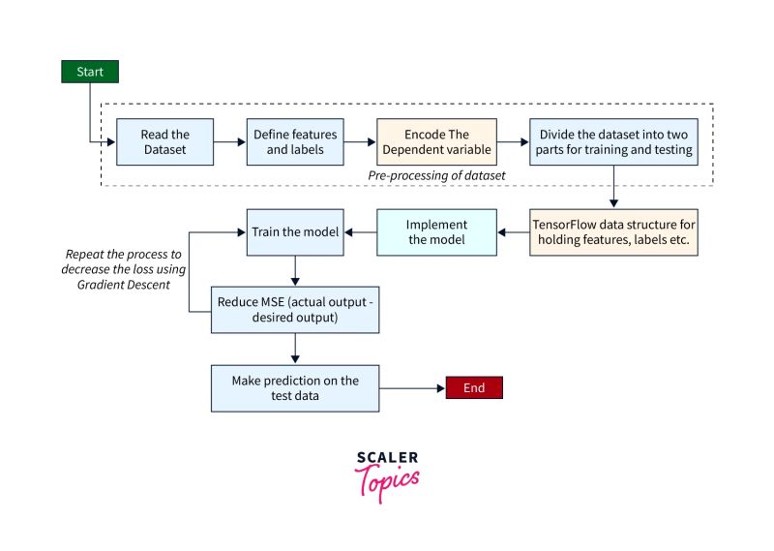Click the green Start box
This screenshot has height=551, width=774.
point(90,72)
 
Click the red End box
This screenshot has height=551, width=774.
point(473,387)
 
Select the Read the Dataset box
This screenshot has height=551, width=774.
point(165,142)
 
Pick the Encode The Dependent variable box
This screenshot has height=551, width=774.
point(435,142)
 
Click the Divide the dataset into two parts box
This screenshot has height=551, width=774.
point(611,142)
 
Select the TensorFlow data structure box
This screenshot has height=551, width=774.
point(613,231)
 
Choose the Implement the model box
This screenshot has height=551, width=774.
point(436,231)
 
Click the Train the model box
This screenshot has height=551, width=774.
point(295,232)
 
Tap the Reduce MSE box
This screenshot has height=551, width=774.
point(295,309)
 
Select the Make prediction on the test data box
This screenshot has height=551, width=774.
point(295,387)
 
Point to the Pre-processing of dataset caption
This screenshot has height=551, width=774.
point(436,175)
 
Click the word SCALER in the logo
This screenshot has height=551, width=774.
point(387,457)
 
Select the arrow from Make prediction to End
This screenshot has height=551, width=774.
point(411,387)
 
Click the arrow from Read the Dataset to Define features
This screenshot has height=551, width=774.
point(227,142)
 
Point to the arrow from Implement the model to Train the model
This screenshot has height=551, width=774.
point(360,232)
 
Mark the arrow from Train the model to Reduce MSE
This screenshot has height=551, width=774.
point(295,270)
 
